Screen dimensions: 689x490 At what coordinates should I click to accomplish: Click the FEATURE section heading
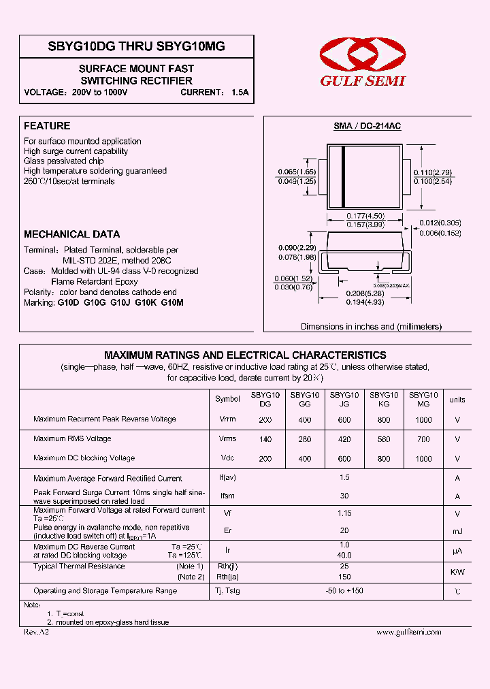point(47,126)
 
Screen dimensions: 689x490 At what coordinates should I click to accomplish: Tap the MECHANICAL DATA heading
point(71,234)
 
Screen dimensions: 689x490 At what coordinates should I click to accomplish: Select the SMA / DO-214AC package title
point(367,127)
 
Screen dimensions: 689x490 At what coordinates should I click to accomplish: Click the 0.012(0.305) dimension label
point(440,223)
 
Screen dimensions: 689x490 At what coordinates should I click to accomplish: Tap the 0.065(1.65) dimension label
point(297,172)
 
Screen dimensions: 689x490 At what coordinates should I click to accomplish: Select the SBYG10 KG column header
point(384,399)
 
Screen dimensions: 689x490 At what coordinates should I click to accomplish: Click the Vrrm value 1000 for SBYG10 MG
point(423,420)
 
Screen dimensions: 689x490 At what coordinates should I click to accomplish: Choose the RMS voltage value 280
point(304,439)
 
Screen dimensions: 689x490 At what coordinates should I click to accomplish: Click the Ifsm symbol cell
point(227,497)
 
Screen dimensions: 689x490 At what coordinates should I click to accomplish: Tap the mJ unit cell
point(457,531)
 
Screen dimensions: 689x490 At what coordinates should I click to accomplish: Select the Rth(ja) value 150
point(344,577)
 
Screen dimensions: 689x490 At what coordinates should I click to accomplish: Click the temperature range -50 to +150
point(344,591)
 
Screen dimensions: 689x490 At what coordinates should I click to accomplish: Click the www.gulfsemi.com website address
point(408,632)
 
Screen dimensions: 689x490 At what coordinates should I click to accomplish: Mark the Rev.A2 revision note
point(36,632)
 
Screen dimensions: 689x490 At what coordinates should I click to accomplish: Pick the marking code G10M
point(172,302)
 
